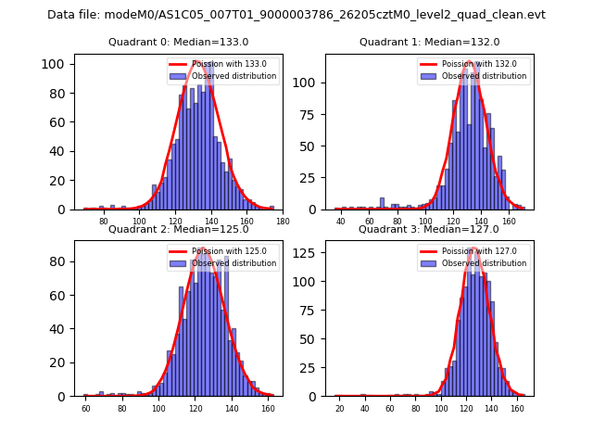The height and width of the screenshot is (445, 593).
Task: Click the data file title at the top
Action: (296, 15)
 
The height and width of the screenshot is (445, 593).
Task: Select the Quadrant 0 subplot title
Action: (178, 42)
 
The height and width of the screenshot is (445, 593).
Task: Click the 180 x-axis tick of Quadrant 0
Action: (283, 222)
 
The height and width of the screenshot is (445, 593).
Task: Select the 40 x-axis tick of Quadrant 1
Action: (341, 222)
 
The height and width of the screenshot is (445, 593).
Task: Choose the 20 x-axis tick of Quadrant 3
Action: (339, 409)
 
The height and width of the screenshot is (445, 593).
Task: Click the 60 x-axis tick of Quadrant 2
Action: (86, 409)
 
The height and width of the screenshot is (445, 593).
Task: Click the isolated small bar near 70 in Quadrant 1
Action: (382, 204)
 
